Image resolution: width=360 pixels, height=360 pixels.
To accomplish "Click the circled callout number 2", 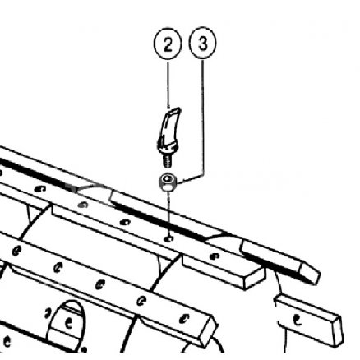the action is point(168,44).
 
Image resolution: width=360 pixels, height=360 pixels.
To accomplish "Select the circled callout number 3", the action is point(203,43).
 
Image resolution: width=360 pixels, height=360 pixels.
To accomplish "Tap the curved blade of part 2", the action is point(170,125).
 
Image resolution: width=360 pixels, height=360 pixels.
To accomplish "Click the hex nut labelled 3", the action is point(168,182).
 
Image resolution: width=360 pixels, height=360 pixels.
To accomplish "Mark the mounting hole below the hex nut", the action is point(168,239).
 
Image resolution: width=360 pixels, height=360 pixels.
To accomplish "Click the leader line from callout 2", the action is point(168,84).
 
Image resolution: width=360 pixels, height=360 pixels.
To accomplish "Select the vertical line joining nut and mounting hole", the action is point(169,215).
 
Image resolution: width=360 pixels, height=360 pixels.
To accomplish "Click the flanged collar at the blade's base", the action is point(167,148).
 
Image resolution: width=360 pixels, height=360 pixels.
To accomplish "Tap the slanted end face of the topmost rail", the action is point(310,274).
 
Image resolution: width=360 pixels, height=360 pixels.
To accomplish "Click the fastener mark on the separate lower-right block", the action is point(297,320).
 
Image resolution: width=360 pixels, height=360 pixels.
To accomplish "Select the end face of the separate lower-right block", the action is point(338,331).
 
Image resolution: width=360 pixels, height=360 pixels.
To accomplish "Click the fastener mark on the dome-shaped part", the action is point(68,323).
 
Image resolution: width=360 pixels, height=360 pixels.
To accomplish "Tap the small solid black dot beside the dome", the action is point(85,349).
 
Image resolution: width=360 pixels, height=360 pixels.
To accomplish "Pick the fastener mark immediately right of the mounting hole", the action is point(214,256).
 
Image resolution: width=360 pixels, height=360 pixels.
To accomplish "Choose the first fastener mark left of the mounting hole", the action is point(125,222).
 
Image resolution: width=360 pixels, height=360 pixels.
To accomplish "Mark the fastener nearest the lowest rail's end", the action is point(184,319).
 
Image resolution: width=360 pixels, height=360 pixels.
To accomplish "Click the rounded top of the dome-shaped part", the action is point(67,303).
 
